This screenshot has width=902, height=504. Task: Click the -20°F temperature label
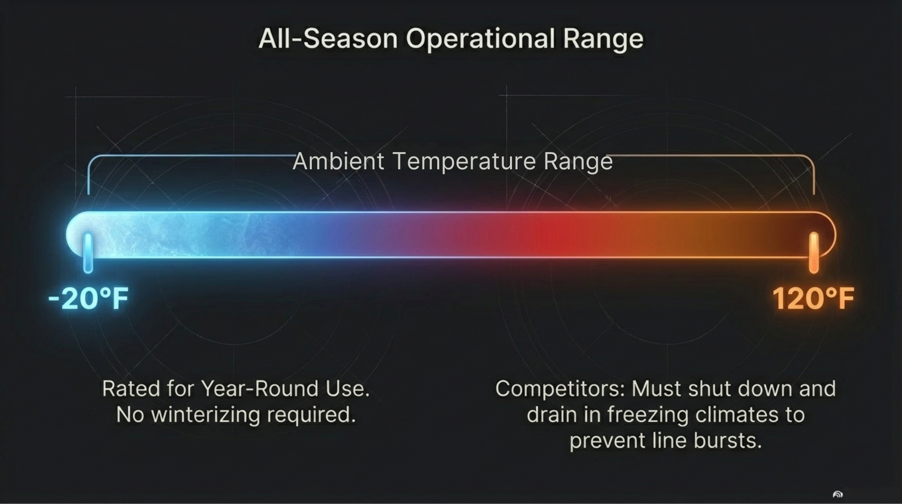point(89,298)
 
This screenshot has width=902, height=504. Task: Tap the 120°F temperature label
point(813,298)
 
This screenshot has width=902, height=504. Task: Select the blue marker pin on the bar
point(88,252)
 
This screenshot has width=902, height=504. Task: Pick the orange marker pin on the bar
point(814,252)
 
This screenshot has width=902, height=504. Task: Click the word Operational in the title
point(481,39)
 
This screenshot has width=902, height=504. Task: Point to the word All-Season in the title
point(328,38)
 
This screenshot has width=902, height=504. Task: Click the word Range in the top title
point(603,39)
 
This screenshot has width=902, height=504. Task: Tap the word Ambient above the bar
point(338,161)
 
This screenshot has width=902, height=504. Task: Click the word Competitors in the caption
point(560,389)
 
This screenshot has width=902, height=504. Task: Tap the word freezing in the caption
point(648,415)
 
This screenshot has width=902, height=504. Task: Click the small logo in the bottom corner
point(838,494)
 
